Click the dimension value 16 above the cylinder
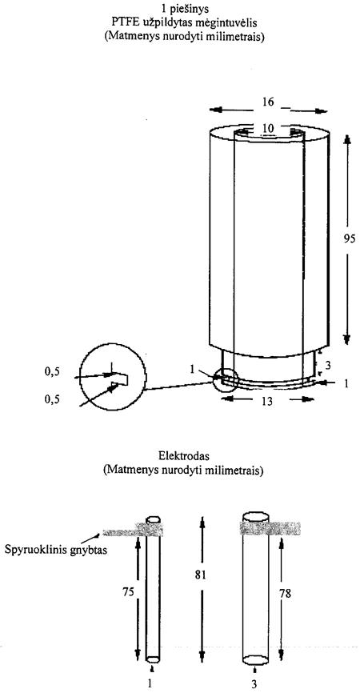click(267, 102)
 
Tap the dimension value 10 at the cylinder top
click(267, 129)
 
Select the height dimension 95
click(350, 238)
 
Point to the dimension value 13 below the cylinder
click(266, 401)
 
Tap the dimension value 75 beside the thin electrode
click(127, 592)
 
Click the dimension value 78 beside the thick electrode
click(286, 592)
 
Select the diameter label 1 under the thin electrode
click(150, 684)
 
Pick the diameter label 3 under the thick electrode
click(254, 684)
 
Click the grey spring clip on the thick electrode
click(270, 527)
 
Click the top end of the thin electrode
click(154, 519)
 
